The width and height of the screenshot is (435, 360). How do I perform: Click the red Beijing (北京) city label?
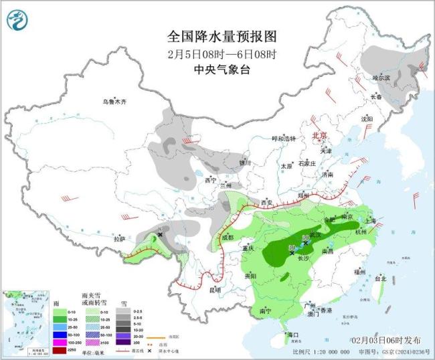[319, 136]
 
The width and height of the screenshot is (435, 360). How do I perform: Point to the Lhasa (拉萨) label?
[119, 239]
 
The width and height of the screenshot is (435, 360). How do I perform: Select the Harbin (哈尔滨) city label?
[381, 78]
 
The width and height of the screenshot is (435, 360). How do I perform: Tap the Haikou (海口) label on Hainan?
[292, 333]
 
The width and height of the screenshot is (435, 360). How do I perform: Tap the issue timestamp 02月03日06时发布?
[391, 340]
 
